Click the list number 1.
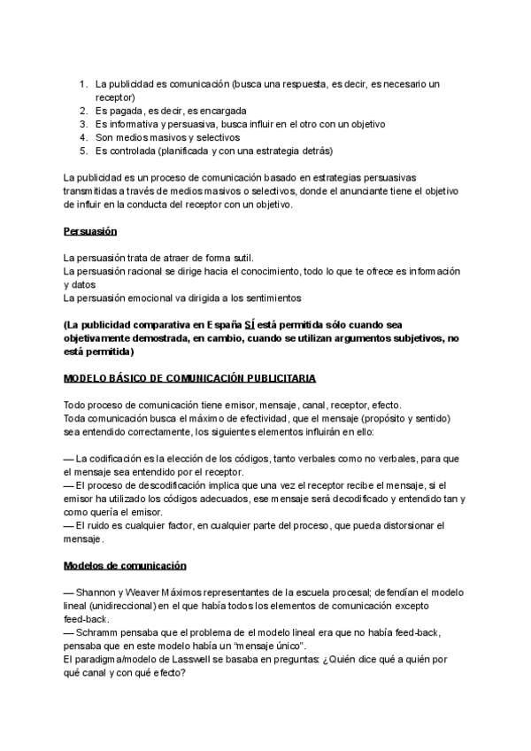click(83, 84)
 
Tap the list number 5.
click(83, 151)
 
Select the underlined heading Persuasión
click(91, 231)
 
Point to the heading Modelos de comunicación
click(125, 565)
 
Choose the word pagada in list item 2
click(124, 111)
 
